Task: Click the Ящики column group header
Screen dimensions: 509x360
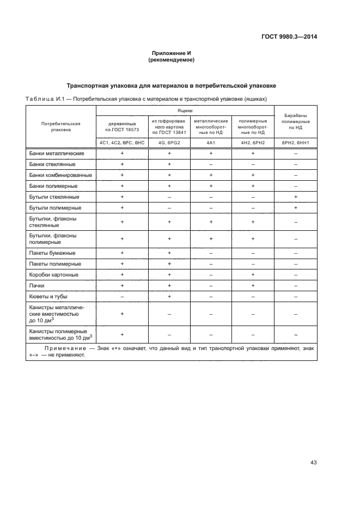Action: coord(185,110)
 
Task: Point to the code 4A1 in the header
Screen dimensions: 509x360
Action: coord(211,143)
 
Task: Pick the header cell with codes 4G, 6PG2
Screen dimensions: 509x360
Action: coord(169,143)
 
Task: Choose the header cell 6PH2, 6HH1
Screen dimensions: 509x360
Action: coord(295,143)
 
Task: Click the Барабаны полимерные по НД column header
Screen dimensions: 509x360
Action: coord(295,121)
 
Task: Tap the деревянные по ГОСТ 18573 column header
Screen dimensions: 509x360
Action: coord(122,126)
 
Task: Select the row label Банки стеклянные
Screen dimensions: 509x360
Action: coord(53,164)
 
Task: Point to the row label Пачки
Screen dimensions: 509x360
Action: coord(38,285)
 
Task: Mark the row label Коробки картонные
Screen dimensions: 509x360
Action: coord(54,274)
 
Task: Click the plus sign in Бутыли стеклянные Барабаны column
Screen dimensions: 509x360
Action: coord(295,197)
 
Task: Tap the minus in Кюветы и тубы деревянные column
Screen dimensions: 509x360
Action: coord(122,296)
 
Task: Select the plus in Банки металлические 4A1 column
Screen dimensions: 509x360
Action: coord(211,154)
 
